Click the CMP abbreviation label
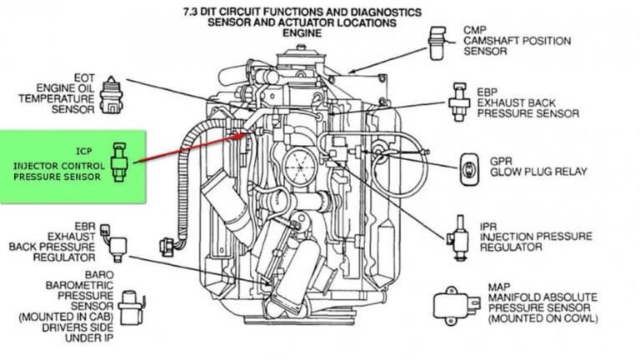475,29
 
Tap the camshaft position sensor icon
436,43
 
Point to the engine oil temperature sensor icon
110,93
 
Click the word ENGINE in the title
302,34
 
